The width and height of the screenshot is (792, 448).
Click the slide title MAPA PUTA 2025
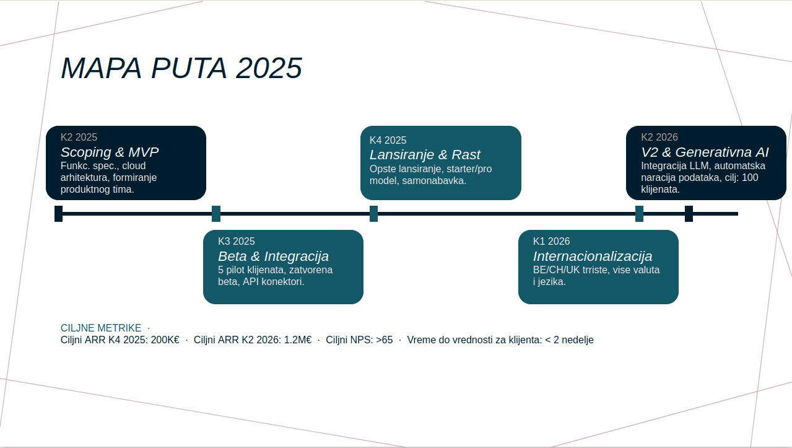tap(181, 68)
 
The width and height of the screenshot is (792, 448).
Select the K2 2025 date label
tap(79, 137)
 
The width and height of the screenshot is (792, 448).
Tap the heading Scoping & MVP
tap(110, 152)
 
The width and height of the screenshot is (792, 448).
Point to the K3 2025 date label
tap(236, 241)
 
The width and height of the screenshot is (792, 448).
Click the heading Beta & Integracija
tap(273, 256)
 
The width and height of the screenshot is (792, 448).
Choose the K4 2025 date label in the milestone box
tap(388, 140)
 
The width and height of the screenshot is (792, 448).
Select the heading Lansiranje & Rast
tap(425, 155)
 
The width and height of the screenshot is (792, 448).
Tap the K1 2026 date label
tap(551, 241)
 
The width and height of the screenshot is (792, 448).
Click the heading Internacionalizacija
tap(593, 256)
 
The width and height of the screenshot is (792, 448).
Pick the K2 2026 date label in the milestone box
tap(659, 137)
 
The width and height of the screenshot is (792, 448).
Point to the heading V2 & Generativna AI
tap(705, 152)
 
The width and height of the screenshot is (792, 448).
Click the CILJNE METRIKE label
tap(101, 328)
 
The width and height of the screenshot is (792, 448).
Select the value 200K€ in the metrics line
tap(165, 340)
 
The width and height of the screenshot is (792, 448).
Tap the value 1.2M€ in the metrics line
tap(298, 340)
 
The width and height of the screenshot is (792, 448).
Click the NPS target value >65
tap(385, 340)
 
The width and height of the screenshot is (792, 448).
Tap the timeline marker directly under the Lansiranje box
tap(374, 214)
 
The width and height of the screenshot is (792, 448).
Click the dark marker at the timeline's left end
tap(58, 214)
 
